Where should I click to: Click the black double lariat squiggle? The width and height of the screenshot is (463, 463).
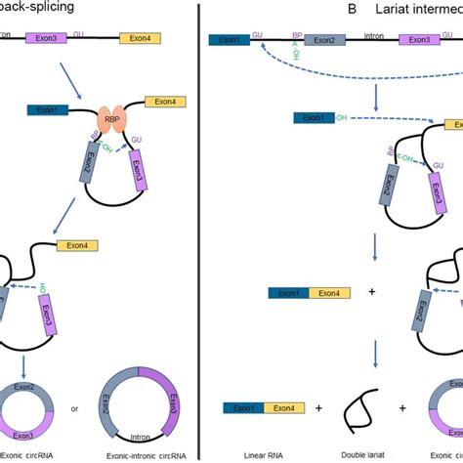[357, 403]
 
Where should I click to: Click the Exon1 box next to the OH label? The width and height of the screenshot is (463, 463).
[313, 118]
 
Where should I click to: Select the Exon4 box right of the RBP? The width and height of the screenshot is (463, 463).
[162, 101]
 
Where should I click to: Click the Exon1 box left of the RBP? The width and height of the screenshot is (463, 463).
[47, 109]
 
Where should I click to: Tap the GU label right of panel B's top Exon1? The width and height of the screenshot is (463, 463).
[256, 34]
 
